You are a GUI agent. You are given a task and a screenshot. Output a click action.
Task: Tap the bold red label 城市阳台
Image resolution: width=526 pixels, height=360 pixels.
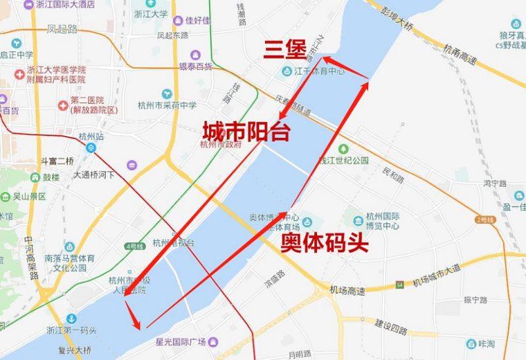pyautogui.click(x=246, y=130)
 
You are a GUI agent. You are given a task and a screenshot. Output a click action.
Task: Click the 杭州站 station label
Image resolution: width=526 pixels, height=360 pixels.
pyautogui.click(x=91, y=137)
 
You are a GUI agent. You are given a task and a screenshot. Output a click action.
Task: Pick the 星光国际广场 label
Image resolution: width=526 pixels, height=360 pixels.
pyautogui.click(x=181, y=341)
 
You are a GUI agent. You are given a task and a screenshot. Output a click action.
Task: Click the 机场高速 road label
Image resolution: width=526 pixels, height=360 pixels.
pyautogui.click(x=347, y=290)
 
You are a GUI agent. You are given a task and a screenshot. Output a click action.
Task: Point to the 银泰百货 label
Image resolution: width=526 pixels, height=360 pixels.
pyautogui.click(x=196, y=66)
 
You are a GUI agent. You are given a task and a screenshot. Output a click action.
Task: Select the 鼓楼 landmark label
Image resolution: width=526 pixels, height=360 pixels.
pyautogui.click(x=51, y=177)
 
